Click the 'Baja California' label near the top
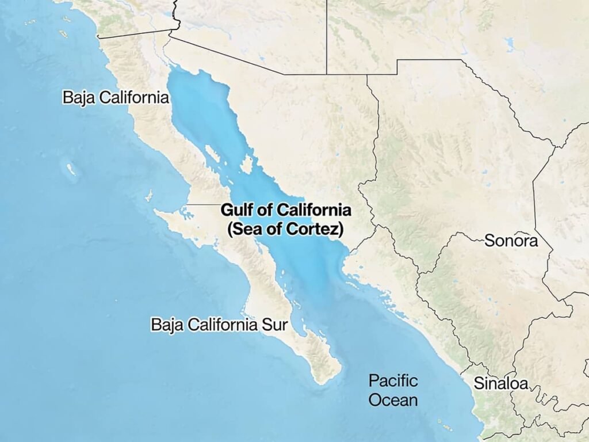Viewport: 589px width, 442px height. click(x=116, y=97)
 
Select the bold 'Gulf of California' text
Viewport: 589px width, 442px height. click(x=286, y=209)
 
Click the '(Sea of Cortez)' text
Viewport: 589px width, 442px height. click(x=286, y=229)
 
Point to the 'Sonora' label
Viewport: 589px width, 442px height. click(x=511, y=241)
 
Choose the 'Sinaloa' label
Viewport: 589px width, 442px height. click(x=500, y=383)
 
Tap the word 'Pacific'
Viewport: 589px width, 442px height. click(x=393, y=380)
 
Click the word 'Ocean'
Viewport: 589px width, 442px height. click(x=393, y=400)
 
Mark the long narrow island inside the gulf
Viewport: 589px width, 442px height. click(x=212, y=155)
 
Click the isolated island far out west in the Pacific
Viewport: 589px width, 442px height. click(x=71, y=170)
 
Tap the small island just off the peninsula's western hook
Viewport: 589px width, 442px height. click(x=149, y=196)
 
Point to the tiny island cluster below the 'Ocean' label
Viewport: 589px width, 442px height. click(x=446, y=426)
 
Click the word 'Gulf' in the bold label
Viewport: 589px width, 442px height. click(x=235, y=209)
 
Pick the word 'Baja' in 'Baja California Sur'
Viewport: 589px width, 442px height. click(x=166, y=324)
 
